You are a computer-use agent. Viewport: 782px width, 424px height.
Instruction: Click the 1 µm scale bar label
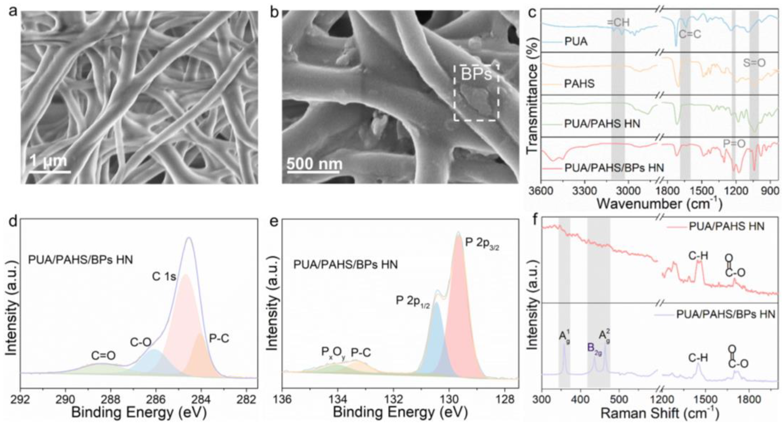tap(48, 161)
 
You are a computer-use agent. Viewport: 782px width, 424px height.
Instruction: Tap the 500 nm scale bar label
tap(315, 164)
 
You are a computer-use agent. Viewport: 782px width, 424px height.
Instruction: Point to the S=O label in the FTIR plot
tap(754, 63)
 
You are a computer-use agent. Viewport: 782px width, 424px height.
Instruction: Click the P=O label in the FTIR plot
tap(734, 144)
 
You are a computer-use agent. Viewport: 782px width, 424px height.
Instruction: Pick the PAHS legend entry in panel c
tap(579, 84)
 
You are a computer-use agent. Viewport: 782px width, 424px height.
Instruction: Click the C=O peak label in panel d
tap(104, 356)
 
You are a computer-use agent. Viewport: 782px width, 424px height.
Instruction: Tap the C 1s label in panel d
tap(164, 276)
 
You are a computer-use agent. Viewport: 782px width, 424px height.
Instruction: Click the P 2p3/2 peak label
tap(482, 244)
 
